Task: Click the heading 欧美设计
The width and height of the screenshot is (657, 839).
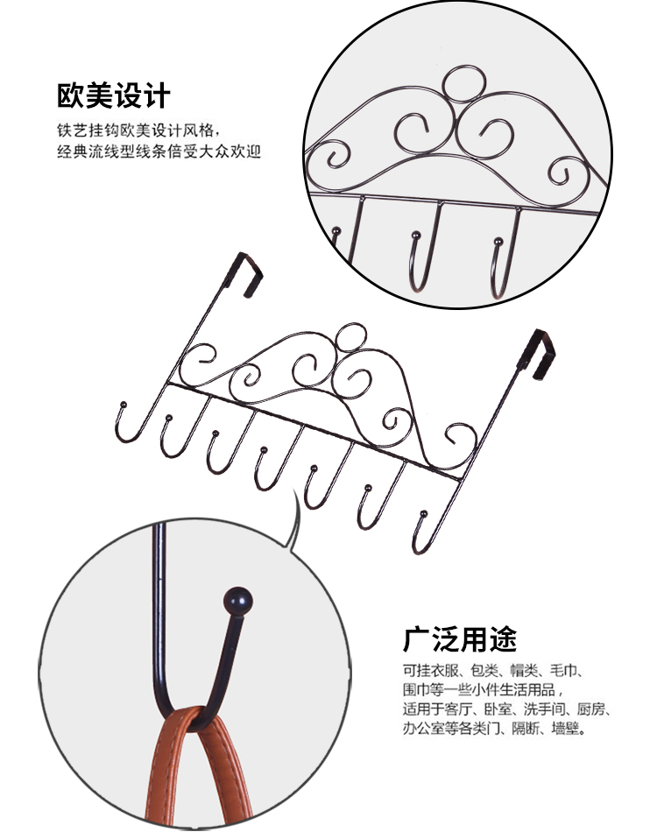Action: pyautogui.click(x=113, y=96)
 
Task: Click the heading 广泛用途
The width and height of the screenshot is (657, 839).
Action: pyautogui.click(x=460, y=638)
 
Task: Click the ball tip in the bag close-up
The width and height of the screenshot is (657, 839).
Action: pyautogui.click(x=238, y=602)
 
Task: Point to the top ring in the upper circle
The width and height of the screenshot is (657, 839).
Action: pyautogui.click(x=464, y=84)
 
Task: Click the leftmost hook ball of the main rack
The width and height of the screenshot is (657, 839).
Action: pyautogui.click(x=124, y=404)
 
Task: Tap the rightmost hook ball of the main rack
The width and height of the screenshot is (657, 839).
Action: pyautogui.click(x=424, y=514)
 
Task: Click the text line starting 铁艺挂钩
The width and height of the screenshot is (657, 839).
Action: pyautogui.click(x=138, y=130)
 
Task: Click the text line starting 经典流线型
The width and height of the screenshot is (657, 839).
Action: pyautogui.click(x=159, y=152)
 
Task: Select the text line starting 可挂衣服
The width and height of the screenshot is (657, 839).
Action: pyautogui.click(x=493, y=671)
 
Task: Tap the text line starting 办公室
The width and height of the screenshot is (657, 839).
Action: pyautogui.click(x=494, y=729)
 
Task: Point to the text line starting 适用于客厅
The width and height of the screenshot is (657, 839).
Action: pyautogui.click(x=506, y=709)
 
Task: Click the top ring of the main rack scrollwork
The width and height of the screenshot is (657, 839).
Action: pyautogui.click(x=351, y=337)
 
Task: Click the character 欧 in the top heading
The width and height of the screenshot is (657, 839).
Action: pyautogui.click(x=71, y=96)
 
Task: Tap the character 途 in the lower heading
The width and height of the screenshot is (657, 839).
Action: pyautogui.click(x=504, y=638)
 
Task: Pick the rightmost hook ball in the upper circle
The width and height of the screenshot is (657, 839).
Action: pyautogui.click(x=498, y=242)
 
